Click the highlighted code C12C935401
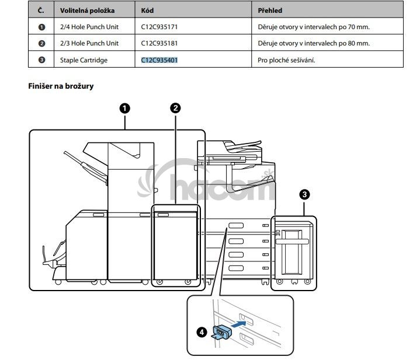point(159,60)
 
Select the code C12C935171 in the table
point(159,27)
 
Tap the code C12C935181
point(159,43)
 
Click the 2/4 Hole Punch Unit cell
point(89,27)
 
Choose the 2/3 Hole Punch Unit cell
point(89,43)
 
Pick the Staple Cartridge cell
point(84,60)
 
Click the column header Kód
point(147,11)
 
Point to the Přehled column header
point(270,11)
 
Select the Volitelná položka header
point(87,11)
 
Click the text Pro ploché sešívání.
point(286,60)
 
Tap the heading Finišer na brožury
point(61,86)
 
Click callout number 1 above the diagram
point(125,109)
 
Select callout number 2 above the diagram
point(176,108)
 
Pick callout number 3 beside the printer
point(305,194)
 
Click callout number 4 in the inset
point(202,332)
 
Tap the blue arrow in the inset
point(239,324)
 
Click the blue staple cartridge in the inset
point(221,333)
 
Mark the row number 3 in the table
point(41,60)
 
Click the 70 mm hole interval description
point(314,27)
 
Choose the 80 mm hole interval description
point(314,43)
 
